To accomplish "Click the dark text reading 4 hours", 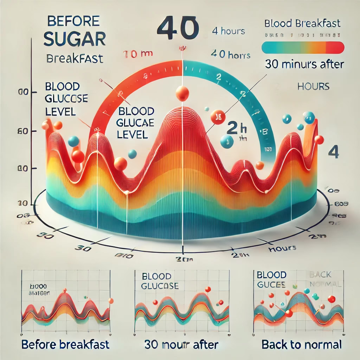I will tap(229, 31).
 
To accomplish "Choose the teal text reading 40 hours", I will tap(230, 55).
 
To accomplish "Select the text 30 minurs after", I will tap(303, 65).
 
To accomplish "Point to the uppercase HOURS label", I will tap(313, 86).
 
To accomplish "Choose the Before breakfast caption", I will tap(65, 344).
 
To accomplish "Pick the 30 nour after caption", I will tap(181, 344).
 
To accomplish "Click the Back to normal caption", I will tap(302, 344).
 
